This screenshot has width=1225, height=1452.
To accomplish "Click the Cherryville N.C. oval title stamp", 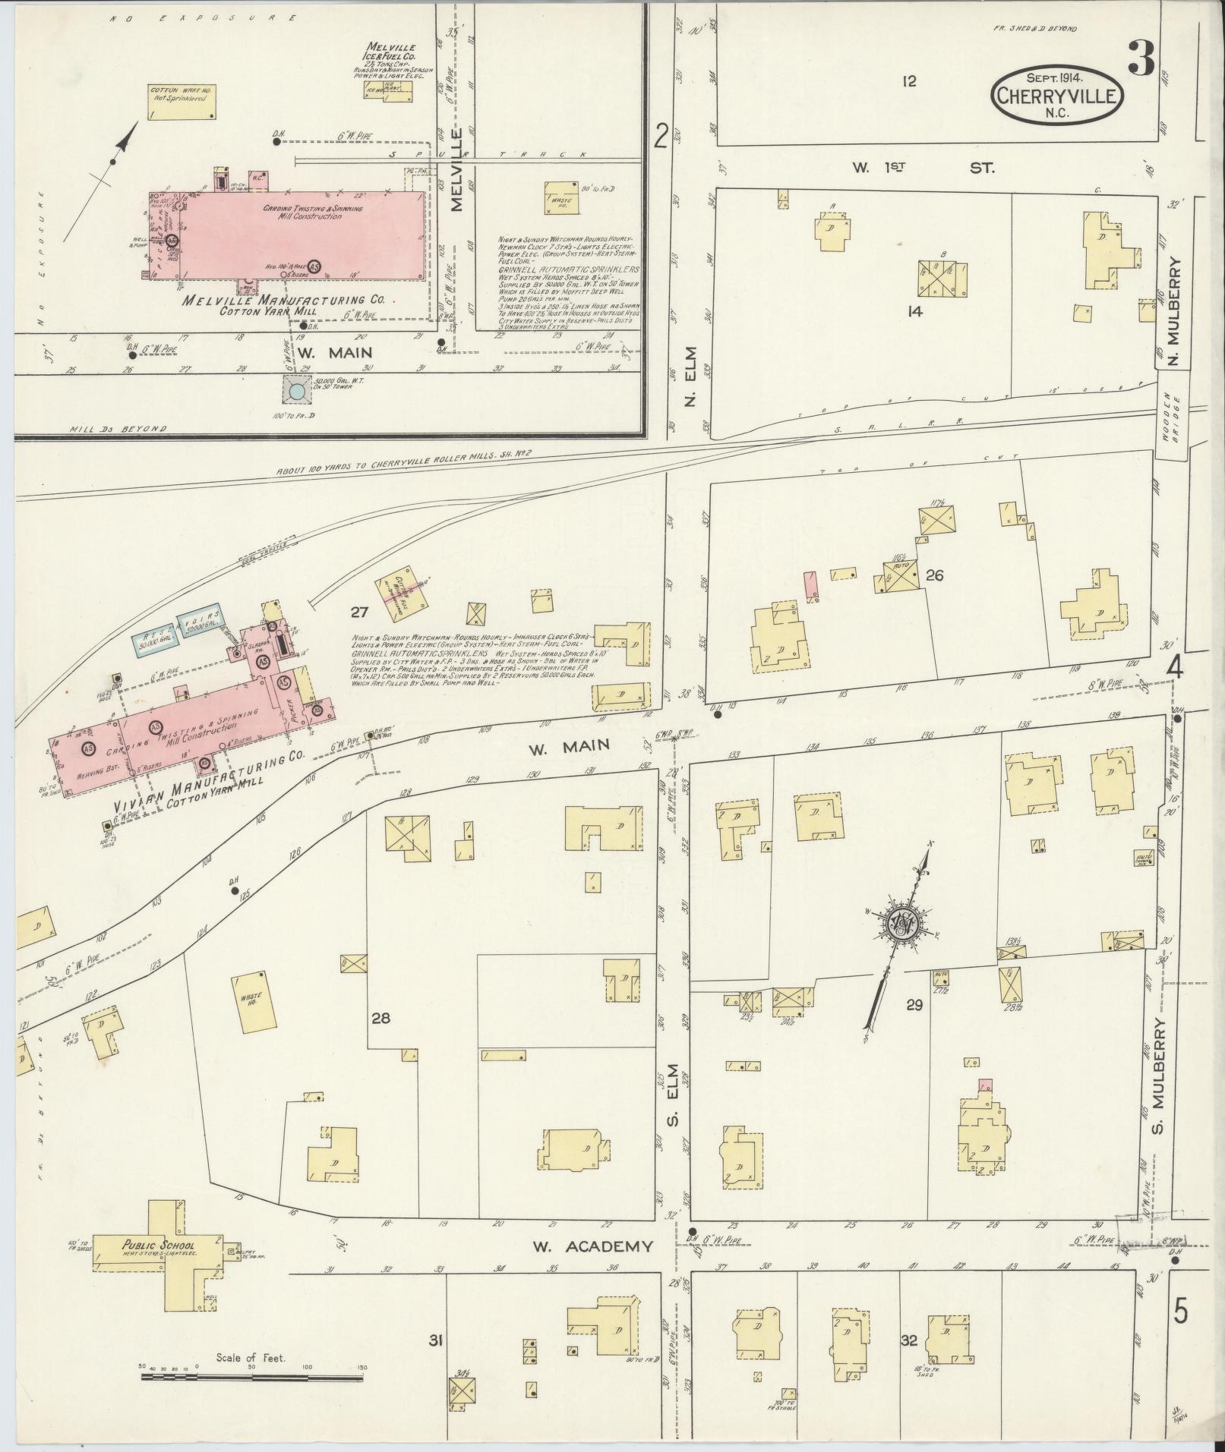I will pyautogui.click(x=1056, y=95).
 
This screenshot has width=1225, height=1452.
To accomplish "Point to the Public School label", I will pyautogui.click(x=148, y=1246).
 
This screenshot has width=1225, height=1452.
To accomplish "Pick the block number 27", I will pyautogui.click(x=359, y=612).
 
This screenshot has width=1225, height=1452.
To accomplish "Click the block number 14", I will pyautogui.click(x=914, y=310).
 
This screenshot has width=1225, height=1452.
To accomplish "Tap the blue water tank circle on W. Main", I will pyautogui.click(x=297, y=390).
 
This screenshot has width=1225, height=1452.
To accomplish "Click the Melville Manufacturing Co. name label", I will pyautogui.click(x=283, y=300).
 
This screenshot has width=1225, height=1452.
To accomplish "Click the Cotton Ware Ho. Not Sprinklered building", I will pyautogui.click(x=181, y=101).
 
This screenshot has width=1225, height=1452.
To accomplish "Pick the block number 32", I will pyautogui.click(x=908, y=1340).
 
